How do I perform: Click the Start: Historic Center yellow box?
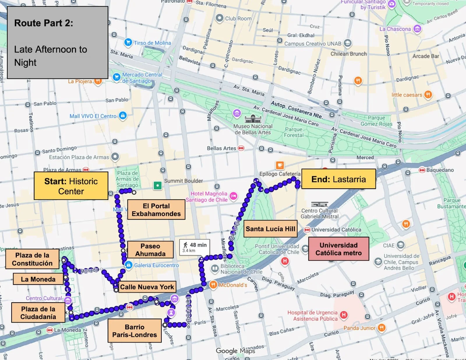[x=71, y=186]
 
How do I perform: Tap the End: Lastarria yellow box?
[x=338, y=179]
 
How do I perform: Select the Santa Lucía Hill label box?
[x=270, y=229]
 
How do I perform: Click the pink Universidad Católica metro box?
[x=338, y=249]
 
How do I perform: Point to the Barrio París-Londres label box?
[x=135, y=331]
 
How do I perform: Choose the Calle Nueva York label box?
[x=147, y=287]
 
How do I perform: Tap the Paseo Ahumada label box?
[x=150, y=250]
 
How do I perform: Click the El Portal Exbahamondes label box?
[x=156, y=210]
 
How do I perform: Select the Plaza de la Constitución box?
[x=32, y=259]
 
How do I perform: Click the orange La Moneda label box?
[x=38, y=279]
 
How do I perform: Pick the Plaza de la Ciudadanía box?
[x=38, y=313]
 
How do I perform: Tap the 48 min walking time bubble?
[x=195, y=247]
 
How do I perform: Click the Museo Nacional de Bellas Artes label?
[x=253, y=129]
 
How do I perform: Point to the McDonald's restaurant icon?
[x=213, y=285]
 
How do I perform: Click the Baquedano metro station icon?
[x=422, y=170]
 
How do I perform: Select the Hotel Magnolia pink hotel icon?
[x=233, y=196]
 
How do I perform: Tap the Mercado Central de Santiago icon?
[x=116, y=77]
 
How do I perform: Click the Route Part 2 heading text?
[x=44, y=23]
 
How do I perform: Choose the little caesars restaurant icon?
[x=428, y=94]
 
